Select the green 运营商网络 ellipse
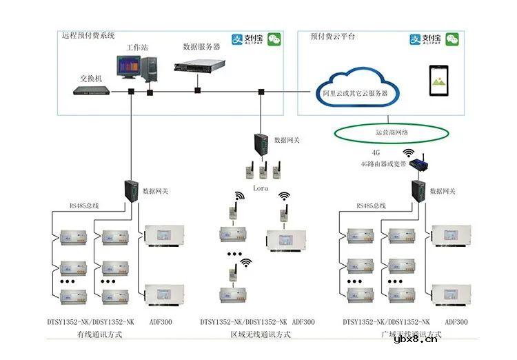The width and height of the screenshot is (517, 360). (391, 132)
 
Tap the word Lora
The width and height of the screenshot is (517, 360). (259, 188)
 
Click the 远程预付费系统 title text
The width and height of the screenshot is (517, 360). (88, 35)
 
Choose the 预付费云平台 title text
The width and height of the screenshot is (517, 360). (333, 36)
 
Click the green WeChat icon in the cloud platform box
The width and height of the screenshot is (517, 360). (452, 39)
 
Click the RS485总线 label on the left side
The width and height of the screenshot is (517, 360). (83, 206)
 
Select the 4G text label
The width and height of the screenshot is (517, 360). (376, 152)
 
